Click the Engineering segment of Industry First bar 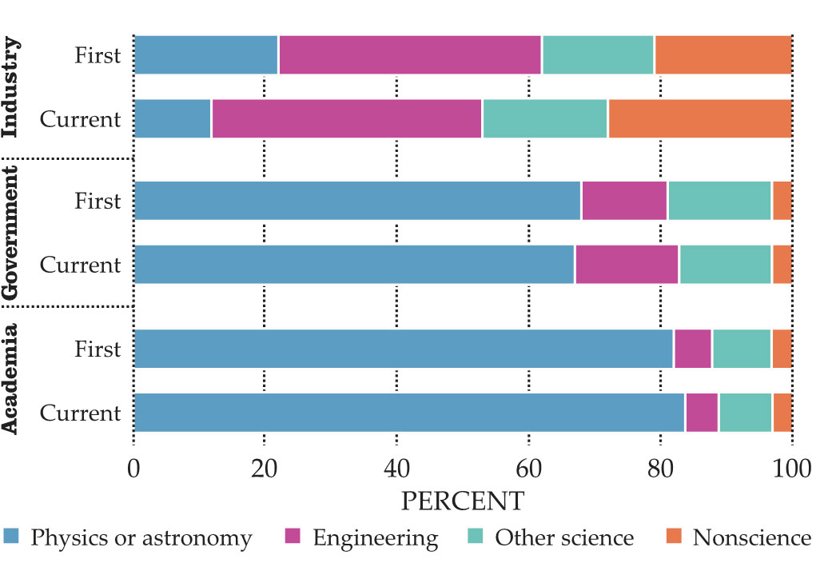[x=409, y=55]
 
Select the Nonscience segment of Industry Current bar [x=699, y=119]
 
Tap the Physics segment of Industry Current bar [x=172, y=119]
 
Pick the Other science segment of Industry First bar [x=598, y=55]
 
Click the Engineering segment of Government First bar [x=624, y=200]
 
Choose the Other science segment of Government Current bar [x=725, y=264]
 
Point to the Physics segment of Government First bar [x=357, y=200]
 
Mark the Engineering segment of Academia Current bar [x=701, y=413]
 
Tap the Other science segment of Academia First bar [x=741, y=349]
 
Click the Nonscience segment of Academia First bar [x=782, y=349]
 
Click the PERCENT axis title [x=462, y=501]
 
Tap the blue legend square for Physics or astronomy [x=12, y=537]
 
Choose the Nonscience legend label [x=751, y=537]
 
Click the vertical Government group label [x=12, y=233]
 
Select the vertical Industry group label [x=12, y=88]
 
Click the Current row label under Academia [x=80, y=413]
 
